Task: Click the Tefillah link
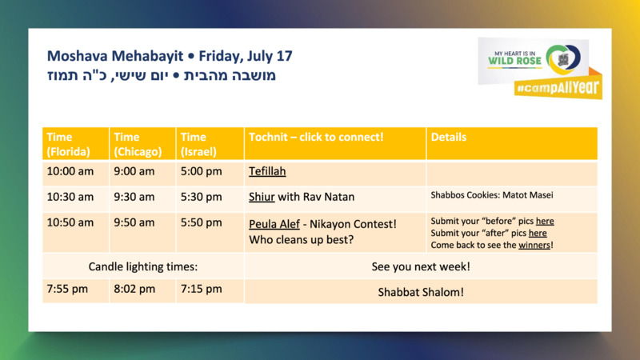[267, 171]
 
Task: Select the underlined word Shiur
[262, 197]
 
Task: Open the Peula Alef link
[274, 224]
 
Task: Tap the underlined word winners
[534, 245]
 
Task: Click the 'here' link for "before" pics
[545, 221]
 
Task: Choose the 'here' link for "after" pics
[538, 233]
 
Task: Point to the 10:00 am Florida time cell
[70, 171]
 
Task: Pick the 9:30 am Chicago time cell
[134, 197]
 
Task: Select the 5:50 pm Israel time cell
[202, 222]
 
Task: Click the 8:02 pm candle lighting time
[134, 289]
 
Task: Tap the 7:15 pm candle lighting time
[202, 289]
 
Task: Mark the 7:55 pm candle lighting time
[67, 289]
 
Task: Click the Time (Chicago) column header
[138, 144]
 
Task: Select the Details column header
[449, 137]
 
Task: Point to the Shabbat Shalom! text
[421, 292]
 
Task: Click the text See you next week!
[421, 266]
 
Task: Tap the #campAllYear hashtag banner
[558, 87]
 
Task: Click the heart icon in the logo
[563, 59]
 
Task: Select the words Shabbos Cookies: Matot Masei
[492, 195]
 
